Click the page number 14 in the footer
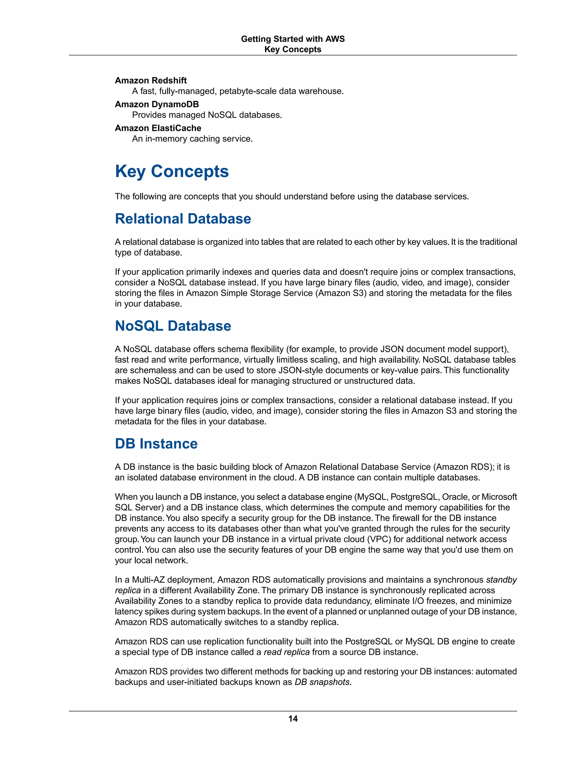[293, 718]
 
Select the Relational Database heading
[183, 219]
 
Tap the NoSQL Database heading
[173, 326]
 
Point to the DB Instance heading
[156, 443]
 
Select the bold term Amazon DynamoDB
[157, 104]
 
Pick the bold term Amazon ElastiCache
[158, 128]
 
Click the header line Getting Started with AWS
[293, 39]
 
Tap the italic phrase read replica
[286, 652]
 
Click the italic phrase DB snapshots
[322, 682]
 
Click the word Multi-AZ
[148, 580]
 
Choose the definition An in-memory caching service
[192, 139]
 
